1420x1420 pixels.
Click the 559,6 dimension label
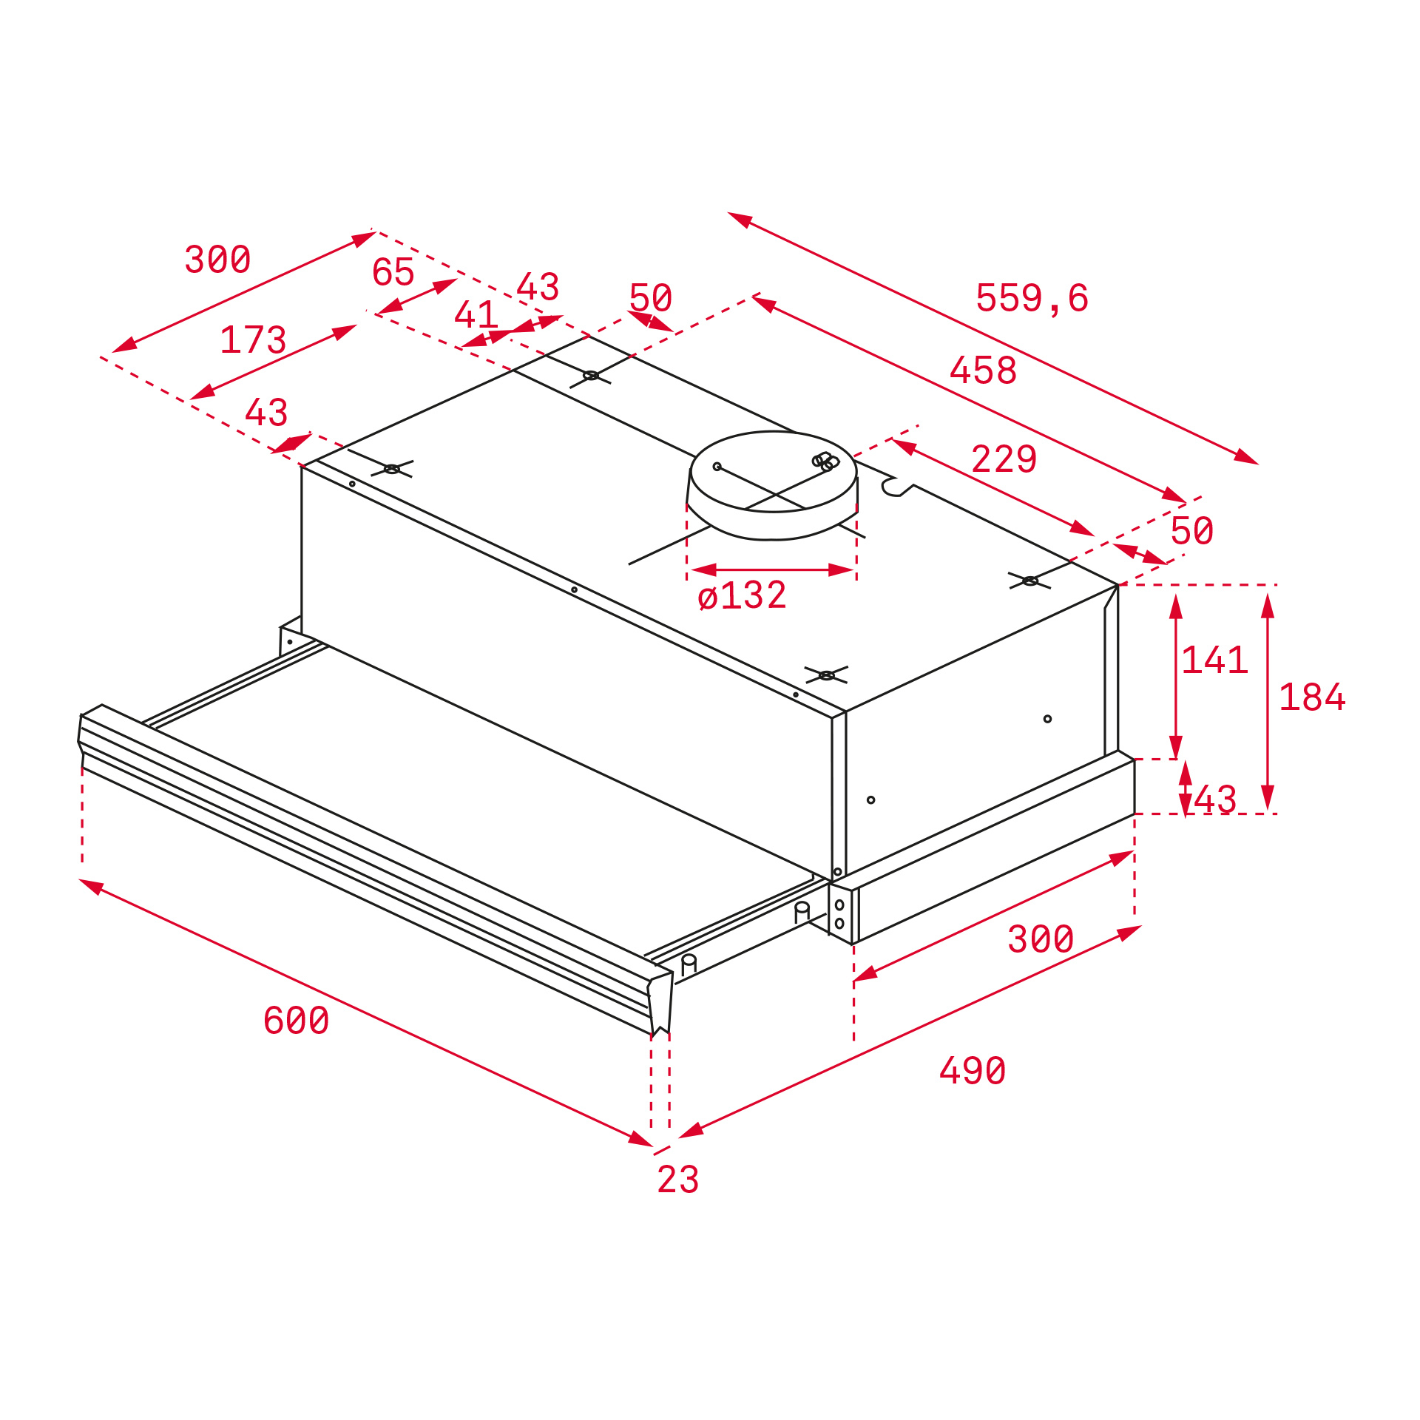pyautogui.click(x=1032, y=298)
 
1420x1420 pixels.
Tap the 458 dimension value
pyautogui.click(x=983, y=371)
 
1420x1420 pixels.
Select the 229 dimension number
pyautogui.click(x=1004, y=459)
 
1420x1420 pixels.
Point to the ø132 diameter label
pyautogui.click(x=742, y=595)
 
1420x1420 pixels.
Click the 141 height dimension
pyautogui.click(x=1214, y=660)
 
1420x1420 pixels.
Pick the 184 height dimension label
pyautogui.click(x=1312, y=697)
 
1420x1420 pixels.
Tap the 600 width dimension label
pyautogui.click(x=296, y=1021)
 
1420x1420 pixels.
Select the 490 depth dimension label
pyautogui.click(x=972, y=1071)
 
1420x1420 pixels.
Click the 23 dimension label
pyautogui.click(x=677, y=1180)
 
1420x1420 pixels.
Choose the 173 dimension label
pyautogui.click(x=253, y=340)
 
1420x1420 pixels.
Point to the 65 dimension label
pyautogui.click(x=393, y=272)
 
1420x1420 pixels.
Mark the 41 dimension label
pyautogui.click(x=476, y=315)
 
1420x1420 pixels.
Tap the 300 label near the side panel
pyautogui.click(x=1041, y=939)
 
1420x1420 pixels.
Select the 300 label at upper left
pyautogui.click(x=217, y=260)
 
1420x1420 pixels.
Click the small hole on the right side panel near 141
pyautogui.click(x=1047, y=719)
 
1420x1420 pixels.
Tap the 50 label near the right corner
pyautogui.click(x=1191, y=531)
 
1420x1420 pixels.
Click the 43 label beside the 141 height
pyautogui.click(x=1215, y=800)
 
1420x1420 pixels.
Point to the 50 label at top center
pyautogui.click(x=650, y=298)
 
